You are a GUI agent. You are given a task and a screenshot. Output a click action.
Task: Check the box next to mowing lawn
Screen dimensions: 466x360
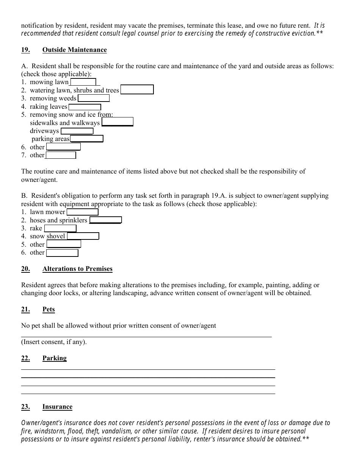[x=83, y=82]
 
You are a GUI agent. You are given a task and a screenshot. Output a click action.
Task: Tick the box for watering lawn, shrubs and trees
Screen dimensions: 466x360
[x=137, y=90]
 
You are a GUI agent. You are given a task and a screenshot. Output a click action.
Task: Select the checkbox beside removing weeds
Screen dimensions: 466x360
[x=94, y=98]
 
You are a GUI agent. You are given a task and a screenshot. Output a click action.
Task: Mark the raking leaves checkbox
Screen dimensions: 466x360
[x=85, y=107]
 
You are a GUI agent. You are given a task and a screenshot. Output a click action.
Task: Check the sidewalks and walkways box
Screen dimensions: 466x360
[x=117, y=122]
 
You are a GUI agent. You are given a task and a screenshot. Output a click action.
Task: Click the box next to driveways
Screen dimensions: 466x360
[x=77, y=131]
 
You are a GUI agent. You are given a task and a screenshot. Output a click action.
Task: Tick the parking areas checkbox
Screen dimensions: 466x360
[x=87, y=139]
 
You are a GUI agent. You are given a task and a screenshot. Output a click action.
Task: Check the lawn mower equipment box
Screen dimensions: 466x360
[x=82, y=212]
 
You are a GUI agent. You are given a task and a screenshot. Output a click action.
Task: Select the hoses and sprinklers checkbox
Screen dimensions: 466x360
[x=105, y=220]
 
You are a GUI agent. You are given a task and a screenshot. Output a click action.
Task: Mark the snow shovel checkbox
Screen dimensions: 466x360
[x=83, y=236]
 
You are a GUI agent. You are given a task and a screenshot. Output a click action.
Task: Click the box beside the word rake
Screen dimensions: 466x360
[x=60, y=228]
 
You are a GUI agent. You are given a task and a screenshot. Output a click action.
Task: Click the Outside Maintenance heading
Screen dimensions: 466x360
[x=74, y=50]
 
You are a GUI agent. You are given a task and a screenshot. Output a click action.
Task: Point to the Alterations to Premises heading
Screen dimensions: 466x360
[x=77, y=269]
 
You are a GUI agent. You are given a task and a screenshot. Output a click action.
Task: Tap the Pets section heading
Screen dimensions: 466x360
[x=49, y=310]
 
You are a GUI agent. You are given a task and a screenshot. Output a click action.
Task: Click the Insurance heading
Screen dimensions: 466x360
[x=57, y=407]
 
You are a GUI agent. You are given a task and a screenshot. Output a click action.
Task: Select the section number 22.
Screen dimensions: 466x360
[x=25, y=358]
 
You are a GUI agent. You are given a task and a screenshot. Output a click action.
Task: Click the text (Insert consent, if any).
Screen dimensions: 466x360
[x=54, y=342]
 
